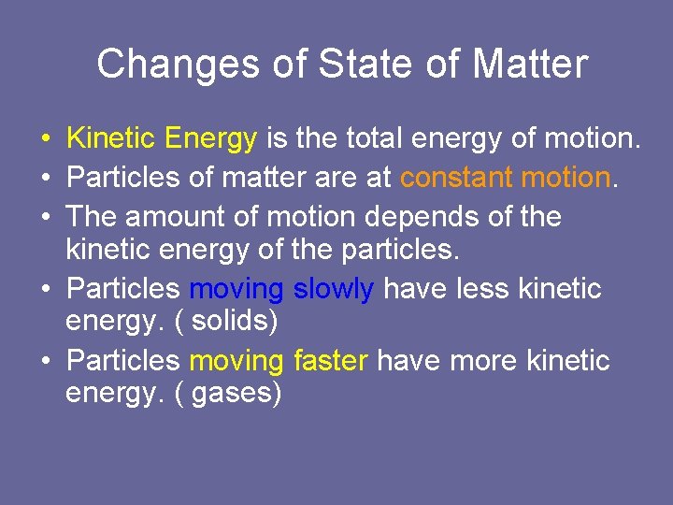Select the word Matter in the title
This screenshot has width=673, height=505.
[x=530, y=65]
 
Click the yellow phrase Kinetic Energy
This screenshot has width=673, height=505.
[x=161, y=140]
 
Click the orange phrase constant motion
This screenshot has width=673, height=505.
[x=505, y=177]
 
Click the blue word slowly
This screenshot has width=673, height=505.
[x=334, y=289]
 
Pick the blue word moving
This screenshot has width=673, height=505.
[x=236, y=289]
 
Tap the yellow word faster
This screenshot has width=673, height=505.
[x=331, y=360]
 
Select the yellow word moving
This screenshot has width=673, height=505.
[x=236, y=360]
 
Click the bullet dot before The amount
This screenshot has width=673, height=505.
[x=46, y=217]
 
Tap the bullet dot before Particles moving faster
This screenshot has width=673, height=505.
[x=46, y=361]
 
